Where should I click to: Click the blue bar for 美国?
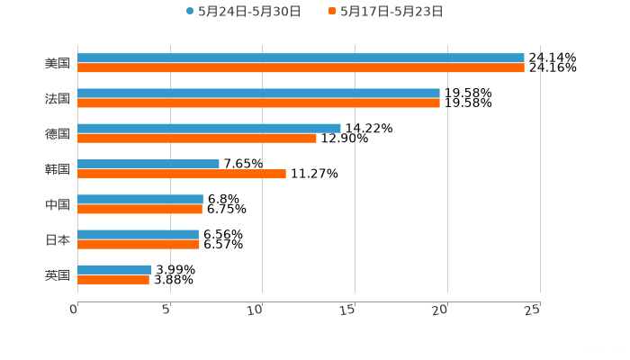pyautogui.click(x=301, y=58)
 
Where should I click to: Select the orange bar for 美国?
pyautogui.click(x=301, y=67)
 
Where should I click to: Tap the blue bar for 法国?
pyautogui.click(x=258, y=93)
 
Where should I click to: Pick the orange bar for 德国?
pyautogui.click(x=197, y=138)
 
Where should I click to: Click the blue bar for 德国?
pyautogui.click(x=209, y=128)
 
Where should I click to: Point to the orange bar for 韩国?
pyautogui.click(x=182, y=174)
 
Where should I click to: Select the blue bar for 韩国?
pyautogui.click(x=148, y=164)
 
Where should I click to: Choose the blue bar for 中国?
pyautogui.click(x=140, y=199)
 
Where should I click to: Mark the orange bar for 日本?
pyautogui.click(x=139, y=244)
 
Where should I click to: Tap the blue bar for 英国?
pyautogui.click(x=114, y=269)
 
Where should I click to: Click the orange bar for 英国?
pyautogui.click(x=113, y=279)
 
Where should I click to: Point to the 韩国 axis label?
pyautogui.click(x=58, y=169)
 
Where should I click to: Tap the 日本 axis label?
pyautogui.click(x=58, y=239)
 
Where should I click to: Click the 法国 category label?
pyautogui.click(x=58, y=98)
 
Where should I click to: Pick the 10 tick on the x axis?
pyautogui.click(x=257, y=310)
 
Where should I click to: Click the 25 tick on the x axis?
pyautogui.click(x=533, y=310)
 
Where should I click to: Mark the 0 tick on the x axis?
pyautogui.click(x=75, y=310)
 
